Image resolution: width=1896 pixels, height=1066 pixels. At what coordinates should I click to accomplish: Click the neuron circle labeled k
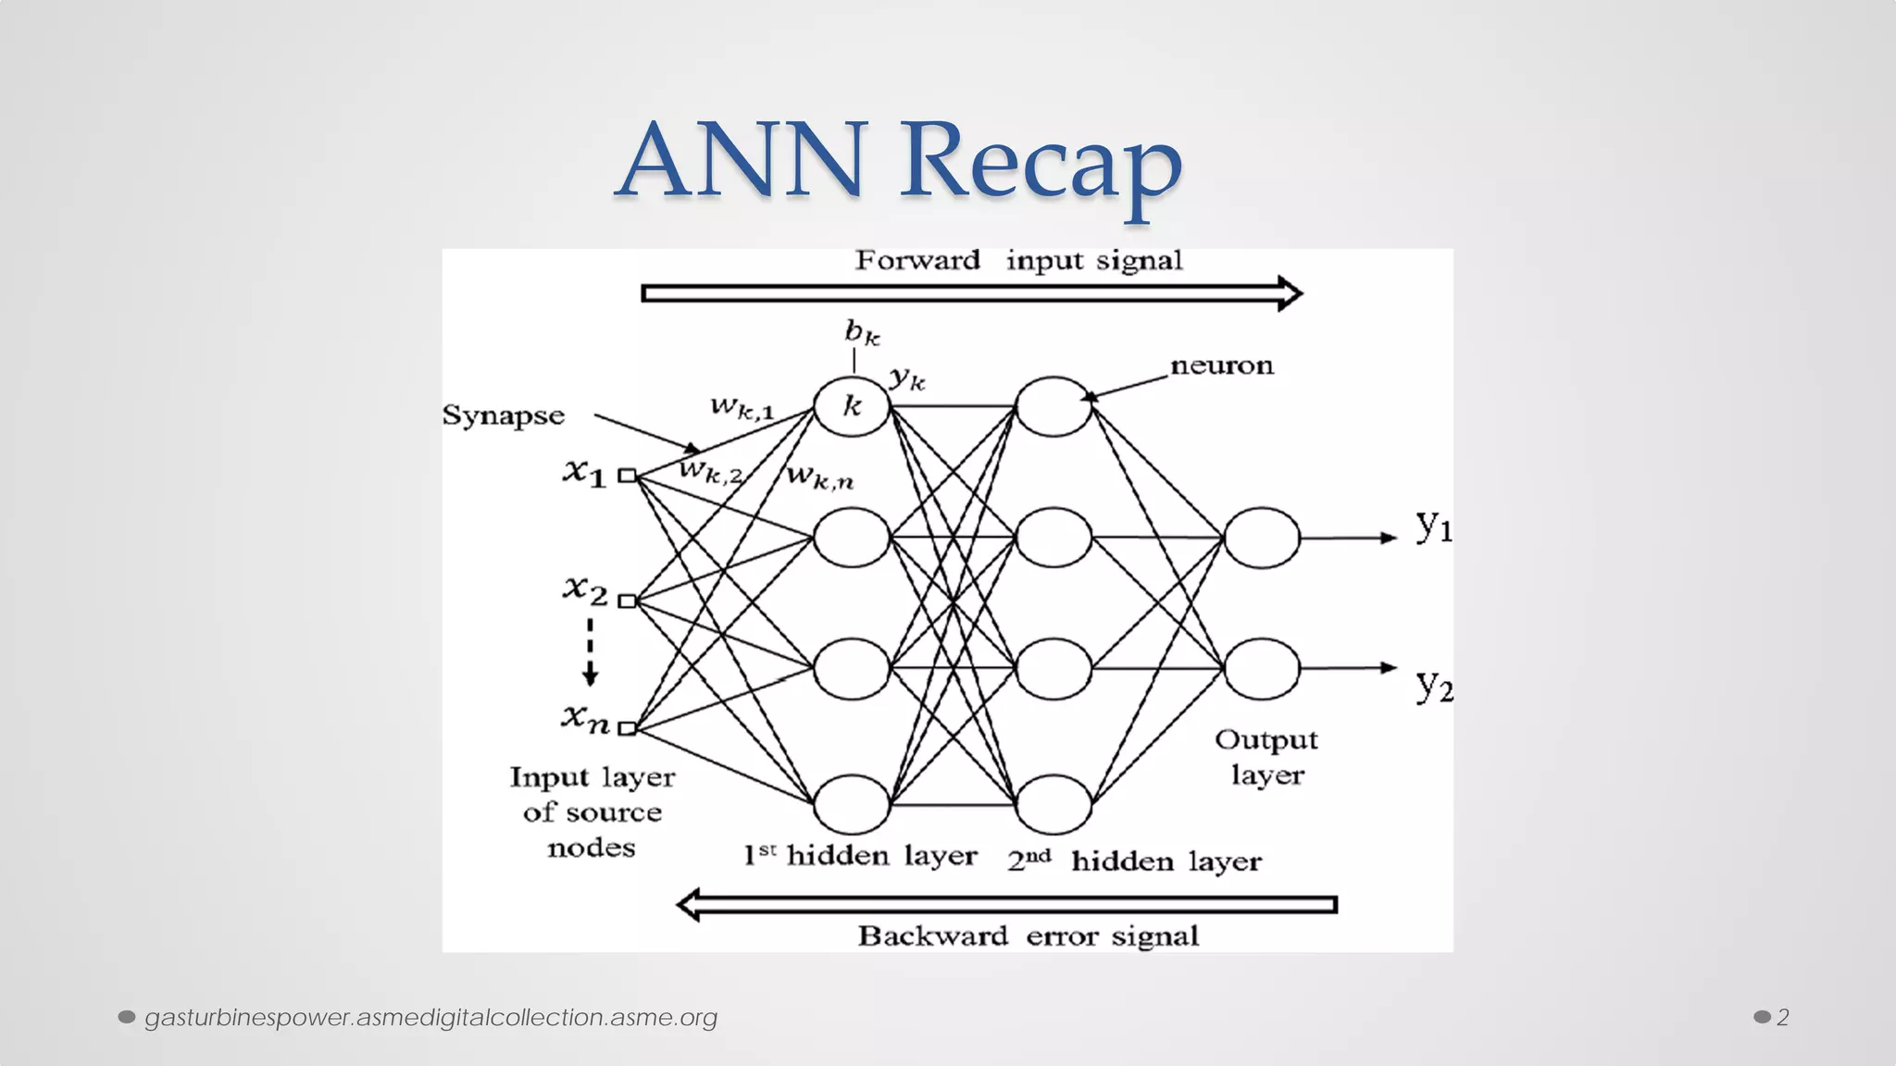pos(852,405)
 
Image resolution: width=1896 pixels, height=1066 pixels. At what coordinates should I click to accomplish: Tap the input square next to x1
pos(628,476)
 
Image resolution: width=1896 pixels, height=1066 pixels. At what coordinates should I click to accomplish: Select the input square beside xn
pos(628,728)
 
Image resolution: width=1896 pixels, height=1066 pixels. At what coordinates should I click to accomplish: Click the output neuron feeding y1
pos(1262,538)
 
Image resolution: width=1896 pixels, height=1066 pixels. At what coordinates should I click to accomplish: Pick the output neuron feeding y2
pos(1262,668)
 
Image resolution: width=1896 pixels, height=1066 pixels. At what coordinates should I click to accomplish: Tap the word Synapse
pos(503,415)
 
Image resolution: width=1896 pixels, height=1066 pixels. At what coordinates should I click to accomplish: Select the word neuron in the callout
pos(1222,366)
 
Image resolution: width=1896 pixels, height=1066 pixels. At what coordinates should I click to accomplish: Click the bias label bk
pos(862,332)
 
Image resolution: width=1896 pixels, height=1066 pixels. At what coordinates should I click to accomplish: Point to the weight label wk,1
pos(742,406)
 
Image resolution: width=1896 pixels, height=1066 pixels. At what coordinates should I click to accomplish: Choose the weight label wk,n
pos(820,477)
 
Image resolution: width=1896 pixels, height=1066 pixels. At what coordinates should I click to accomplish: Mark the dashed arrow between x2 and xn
pos(590,652)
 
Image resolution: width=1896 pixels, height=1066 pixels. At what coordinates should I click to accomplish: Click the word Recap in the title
pos(1042,161)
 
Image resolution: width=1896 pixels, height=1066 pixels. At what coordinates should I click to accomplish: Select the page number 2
pos(1782,1017)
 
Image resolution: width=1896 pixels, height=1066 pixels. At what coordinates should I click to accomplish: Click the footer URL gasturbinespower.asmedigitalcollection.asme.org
pos(430,1017)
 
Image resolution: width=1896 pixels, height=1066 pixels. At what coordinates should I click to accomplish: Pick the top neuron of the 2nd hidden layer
pos(1054,405)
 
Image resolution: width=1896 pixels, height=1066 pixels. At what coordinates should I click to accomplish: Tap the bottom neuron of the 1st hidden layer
pos(852,804)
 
